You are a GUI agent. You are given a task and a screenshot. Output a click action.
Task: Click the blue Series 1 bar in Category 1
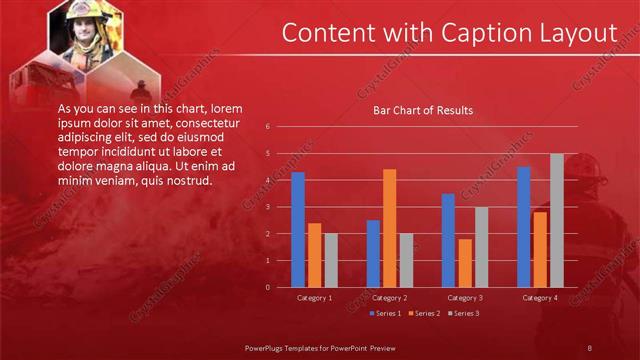pyautogui.click(x=297, y=230)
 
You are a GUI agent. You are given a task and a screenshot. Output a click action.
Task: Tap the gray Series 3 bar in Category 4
pyautogui.click(x=557, y=221)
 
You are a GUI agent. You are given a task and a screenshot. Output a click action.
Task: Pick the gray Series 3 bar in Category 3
pyautogui.click(x=481, y=247)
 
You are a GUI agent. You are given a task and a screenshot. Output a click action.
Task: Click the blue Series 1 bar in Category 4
pyautogui.click(x=524, y=227)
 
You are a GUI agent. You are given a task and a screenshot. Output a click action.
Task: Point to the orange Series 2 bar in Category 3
pyautogui.click(x=465, y=263)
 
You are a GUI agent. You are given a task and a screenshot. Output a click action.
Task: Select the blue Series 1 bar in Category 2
pyautogui.click(x=373, y=254)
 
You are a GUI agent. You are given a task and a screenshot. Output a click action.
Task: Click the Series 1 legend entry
pyautogui.click(x=386, y=314)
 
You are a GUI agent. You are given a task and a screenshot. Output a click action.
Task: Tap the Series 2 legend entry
pyautogui.click(x=427, y=314)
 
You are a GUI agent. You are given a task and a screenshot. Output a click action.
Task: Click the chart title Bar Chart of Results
pyautogui.click(x=423, y=110)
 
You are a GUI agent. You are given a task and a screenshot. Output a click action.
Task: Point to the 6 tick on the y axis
pyautogui.click(x=268, y=127)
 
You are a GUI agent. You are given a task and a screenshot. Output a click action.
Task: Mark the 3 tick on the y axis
pyautogui.click(x=268, y=207)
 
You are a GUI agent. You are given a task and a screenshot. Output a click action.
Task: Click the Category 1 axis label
pyautogui.click(x=315, y=298)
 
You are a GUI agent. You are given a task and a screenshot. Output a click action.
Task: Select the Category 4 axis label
pyautogui.click(x=540, y=298)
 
